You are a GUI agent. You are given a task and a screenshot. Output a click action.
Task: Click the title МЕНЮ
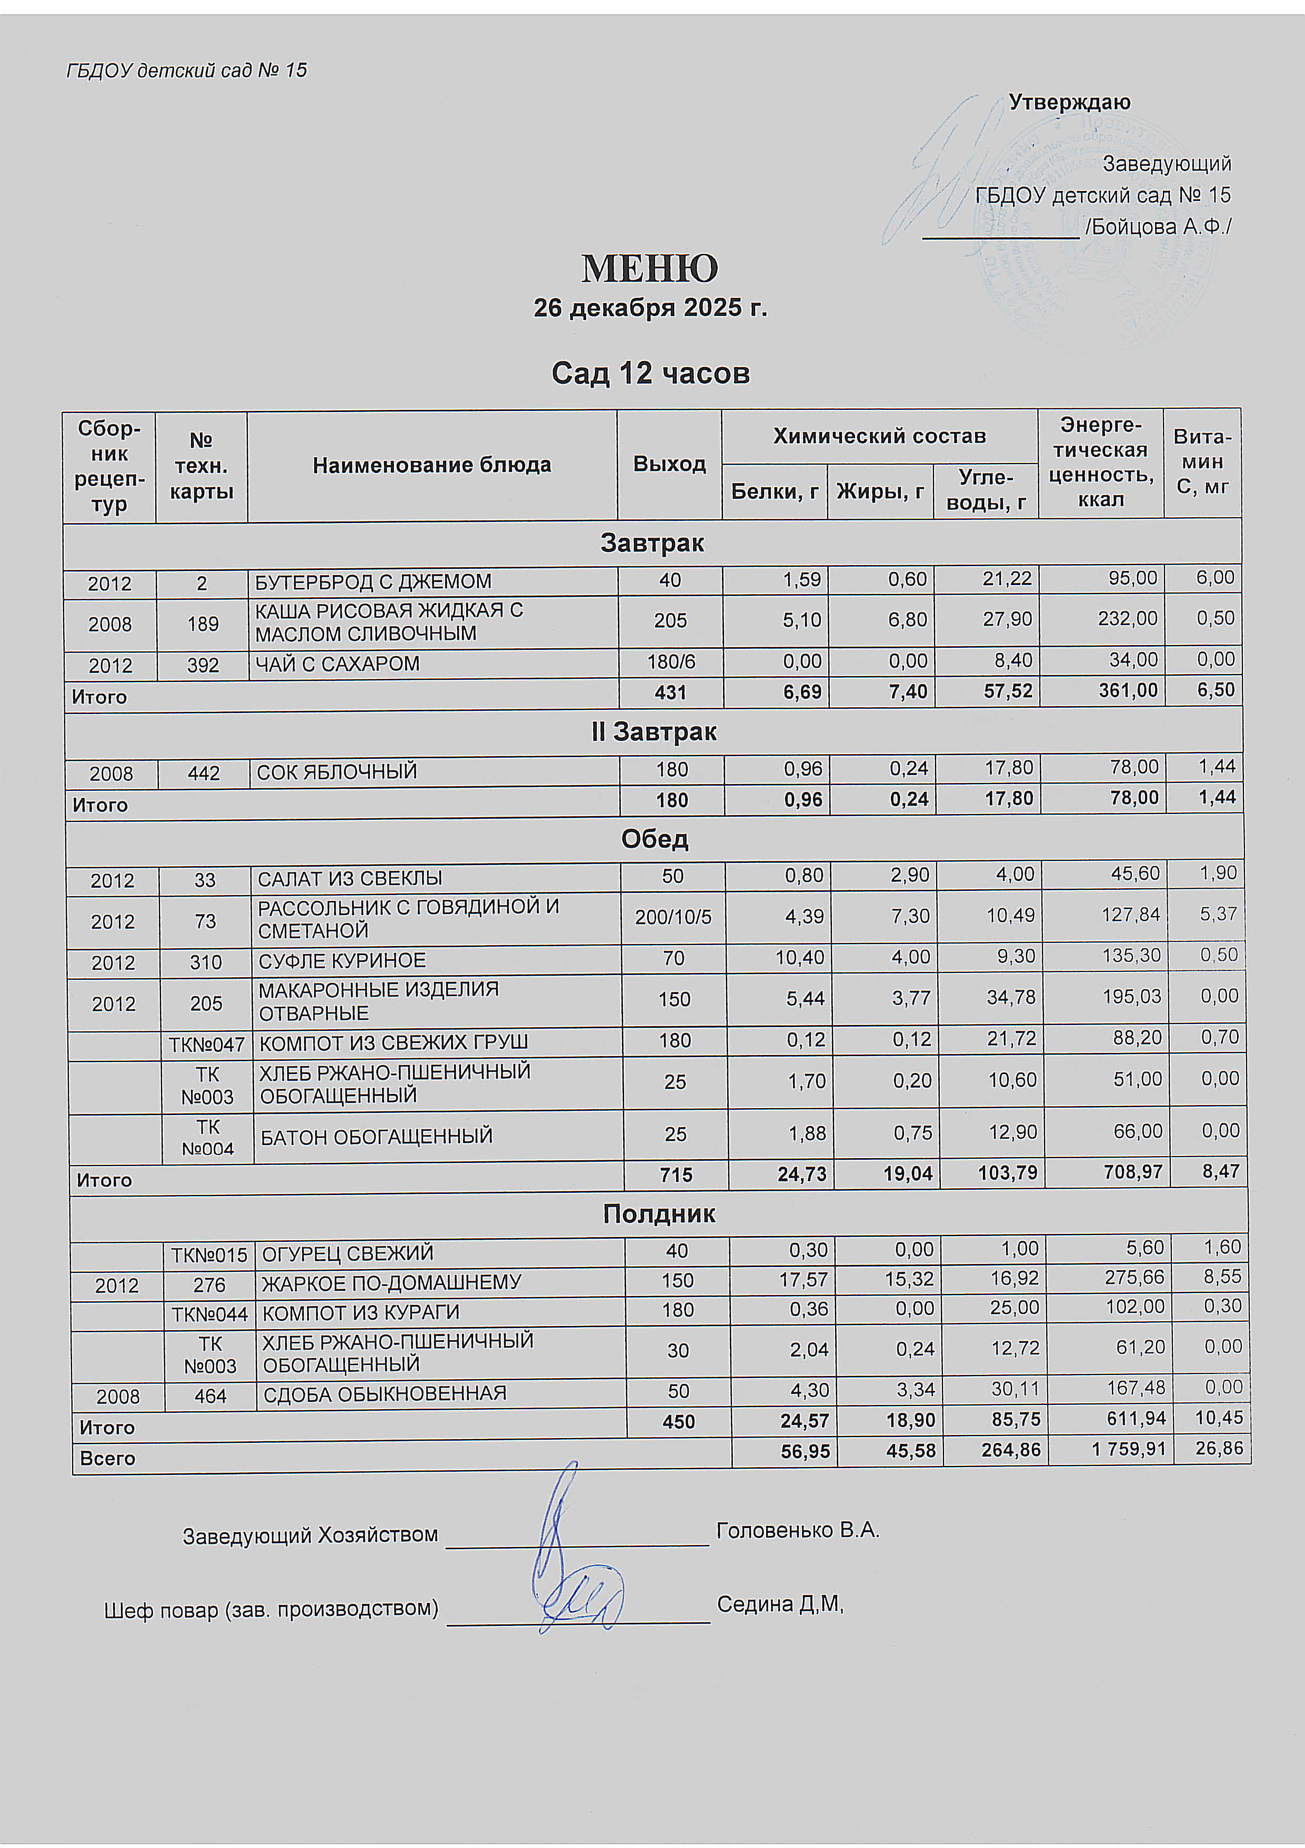(x=650, y=269)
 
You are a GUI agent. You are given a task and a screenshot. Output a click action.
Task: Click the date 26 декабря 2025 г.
(x=650, y=308)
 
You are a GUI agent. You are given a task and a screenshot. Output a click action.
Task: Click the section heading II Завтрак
(x=653, y=732)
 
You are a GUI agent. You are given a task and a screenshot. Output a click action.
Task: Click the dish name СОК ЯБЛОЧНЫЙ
(x=337, y=772)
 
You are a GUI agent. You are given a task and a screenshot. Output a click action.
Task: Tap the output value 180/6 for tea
(x=670, y=661)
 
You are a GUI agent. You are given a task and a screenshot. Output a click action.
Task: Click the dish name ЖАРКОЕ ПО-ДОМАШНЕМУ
(x=392, y=1282)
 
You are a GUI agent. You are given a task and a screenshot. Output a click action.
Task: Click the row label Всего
(x=107, y=1459)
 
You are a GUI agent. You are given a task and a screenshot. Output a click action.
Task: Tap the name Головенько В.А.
(x=798, y=1530)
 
